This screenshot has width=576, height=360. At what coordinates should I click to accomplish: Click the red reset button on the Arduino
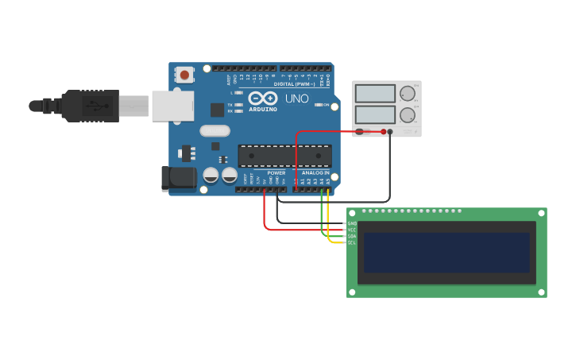(184, 75)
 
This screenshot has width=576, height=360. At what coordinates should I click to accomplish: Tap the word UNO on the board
(296, 99)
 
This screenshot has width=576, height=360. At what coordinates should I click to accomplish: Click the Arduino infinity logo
(263, 98)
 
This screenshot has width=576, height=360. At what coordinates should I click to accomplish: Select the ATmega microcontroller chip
(284, 156)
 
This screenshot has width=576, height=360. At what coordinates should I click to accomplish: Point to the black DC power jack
(178, 179)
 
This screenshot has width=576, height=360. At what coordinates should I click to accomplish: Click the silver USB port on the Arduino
(172, 105)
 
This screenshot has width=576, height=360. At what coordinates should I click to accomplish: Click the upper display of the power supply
(375, 94)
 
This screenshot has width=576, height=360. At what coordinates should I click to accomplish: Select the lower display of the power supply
(375, 114)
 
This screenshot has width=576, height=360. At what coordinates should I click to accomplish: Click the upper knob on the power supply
(408, 93)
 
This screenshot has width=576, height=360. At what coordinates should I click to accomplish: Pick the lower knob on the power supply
(408, 114)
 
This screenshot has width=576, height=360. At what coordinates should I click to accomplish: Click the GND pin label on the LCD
(352, 223)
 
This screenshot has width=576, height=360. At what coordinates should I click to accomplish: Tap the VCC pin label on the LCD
(352, 230)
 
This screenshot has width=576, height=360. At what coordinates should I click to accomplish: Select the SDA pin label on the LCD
(352, 236)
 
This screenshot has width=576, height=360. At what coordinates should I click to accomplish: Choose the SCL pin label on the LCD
(352, 242)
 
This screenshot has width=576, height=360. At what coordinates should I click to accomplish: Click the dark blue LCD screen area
(446, 253)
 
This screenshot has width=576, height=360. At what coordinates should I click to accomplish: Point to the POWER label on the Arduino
(276, 172)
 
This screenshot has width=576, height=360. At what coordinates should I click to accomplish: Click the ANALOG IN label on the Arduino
(315, 172)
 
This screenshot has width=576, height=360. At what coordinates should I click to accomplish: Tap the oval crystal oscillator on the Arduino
(215, 131)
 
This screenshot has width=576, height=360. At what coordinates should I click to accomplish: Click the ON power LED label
(326, 104)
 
